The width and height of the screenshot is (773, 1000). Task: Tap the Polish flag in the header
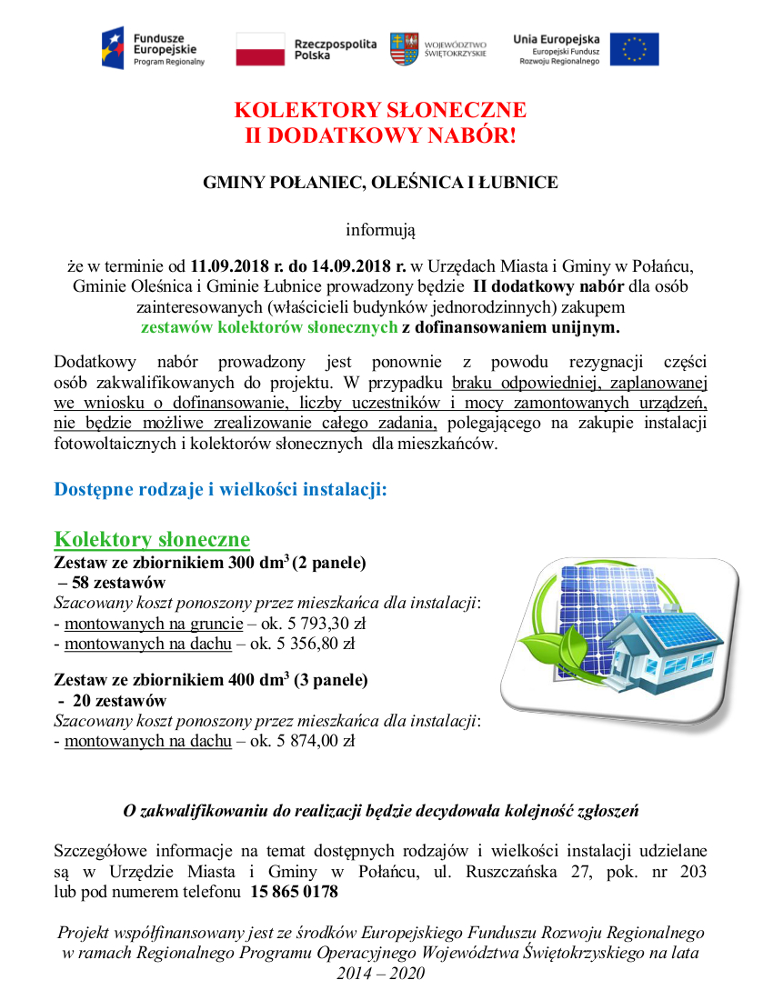[260, 49]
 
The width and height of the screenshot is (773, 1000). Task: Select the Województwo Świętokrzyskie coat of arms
[404, 48]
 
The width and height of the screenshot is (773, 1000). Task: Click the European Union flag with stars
[634, 49]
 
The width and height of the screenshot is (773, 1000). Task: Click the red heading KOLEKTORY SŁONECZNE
[380, 111]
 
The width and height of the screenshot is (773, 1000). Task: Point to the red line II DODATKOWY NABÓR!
[380, 136]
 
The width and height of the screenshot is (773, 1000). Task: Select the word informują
[380, 231]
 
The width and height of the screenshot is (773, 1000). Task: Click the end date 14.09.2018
[351, 266]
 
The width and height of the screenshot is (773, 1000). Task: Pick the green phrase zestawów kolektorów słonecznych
[269, 326]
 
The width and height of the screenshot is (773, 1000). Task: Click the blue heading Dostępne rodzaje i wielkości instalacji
[221, 489]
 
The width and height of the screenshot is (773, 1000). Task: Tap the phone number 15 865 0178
[295, 893]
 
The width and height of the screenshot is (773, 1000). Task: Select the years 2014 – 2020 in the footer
[380, 974]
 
